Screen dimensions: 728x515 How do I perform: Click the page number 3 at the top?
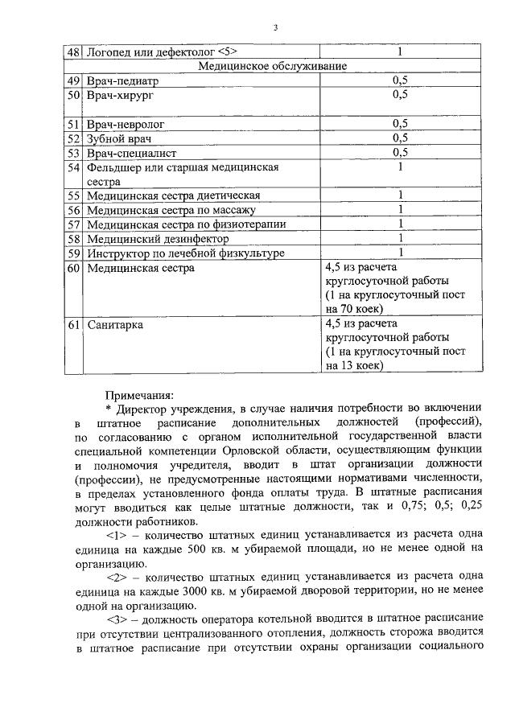point(274,28)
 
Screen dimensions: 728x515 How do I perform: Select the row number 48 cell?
point(73,52)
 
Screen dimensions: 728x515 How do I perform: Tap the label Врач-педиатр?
point(123,80)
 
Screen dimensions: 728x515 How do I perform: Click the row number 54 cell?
point(73,167)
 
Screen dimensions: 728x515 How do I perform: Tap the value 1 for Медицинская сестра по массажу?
point(400,210)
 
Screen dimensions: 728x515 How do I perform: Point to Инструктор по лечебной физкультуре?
point(186,253)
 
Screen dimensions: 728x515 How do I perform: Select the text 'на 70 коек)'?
point(354,308)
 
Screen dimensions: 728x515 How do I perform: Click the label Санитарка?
point(116,325)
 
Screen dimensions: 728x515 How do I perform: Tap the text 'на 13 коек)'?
point(354,365)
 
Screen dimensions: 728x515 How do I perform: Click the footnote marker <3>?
point(118,621)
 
